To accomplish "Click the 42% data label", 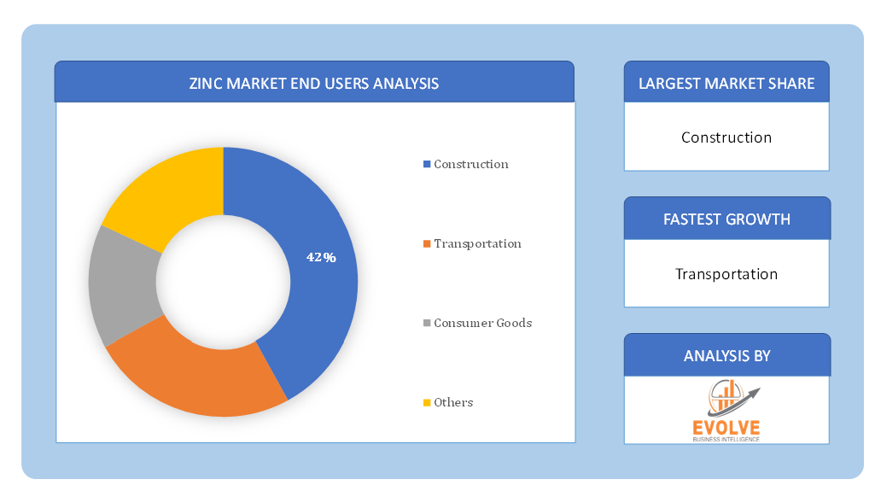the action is tap(321, 257).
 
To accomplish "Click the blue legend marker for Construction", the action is tap(427, 164).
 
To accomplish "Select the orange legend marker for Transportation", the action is tap(427, 244).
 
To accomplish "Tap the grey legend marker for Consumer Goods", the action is tap(427, 323).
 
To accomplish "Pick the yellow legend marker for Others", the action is tap(427, 402).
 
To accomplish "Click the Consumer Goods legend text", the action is tap(482, 323).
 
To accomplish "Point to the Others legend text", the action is tap(453, 402).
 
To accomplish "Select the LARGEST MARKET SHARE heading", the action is tap(726, 84).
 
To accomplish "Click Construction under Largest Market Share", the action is tap(726, 137).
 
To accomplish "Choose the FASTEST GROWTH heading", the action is tap(726, 219).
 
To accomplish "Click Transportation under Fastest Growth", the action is tap(726, 274).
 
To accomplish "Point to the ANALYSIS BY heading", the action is tap(726, 356).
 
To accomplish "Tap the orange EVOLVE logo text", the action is tap(726, 428).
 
